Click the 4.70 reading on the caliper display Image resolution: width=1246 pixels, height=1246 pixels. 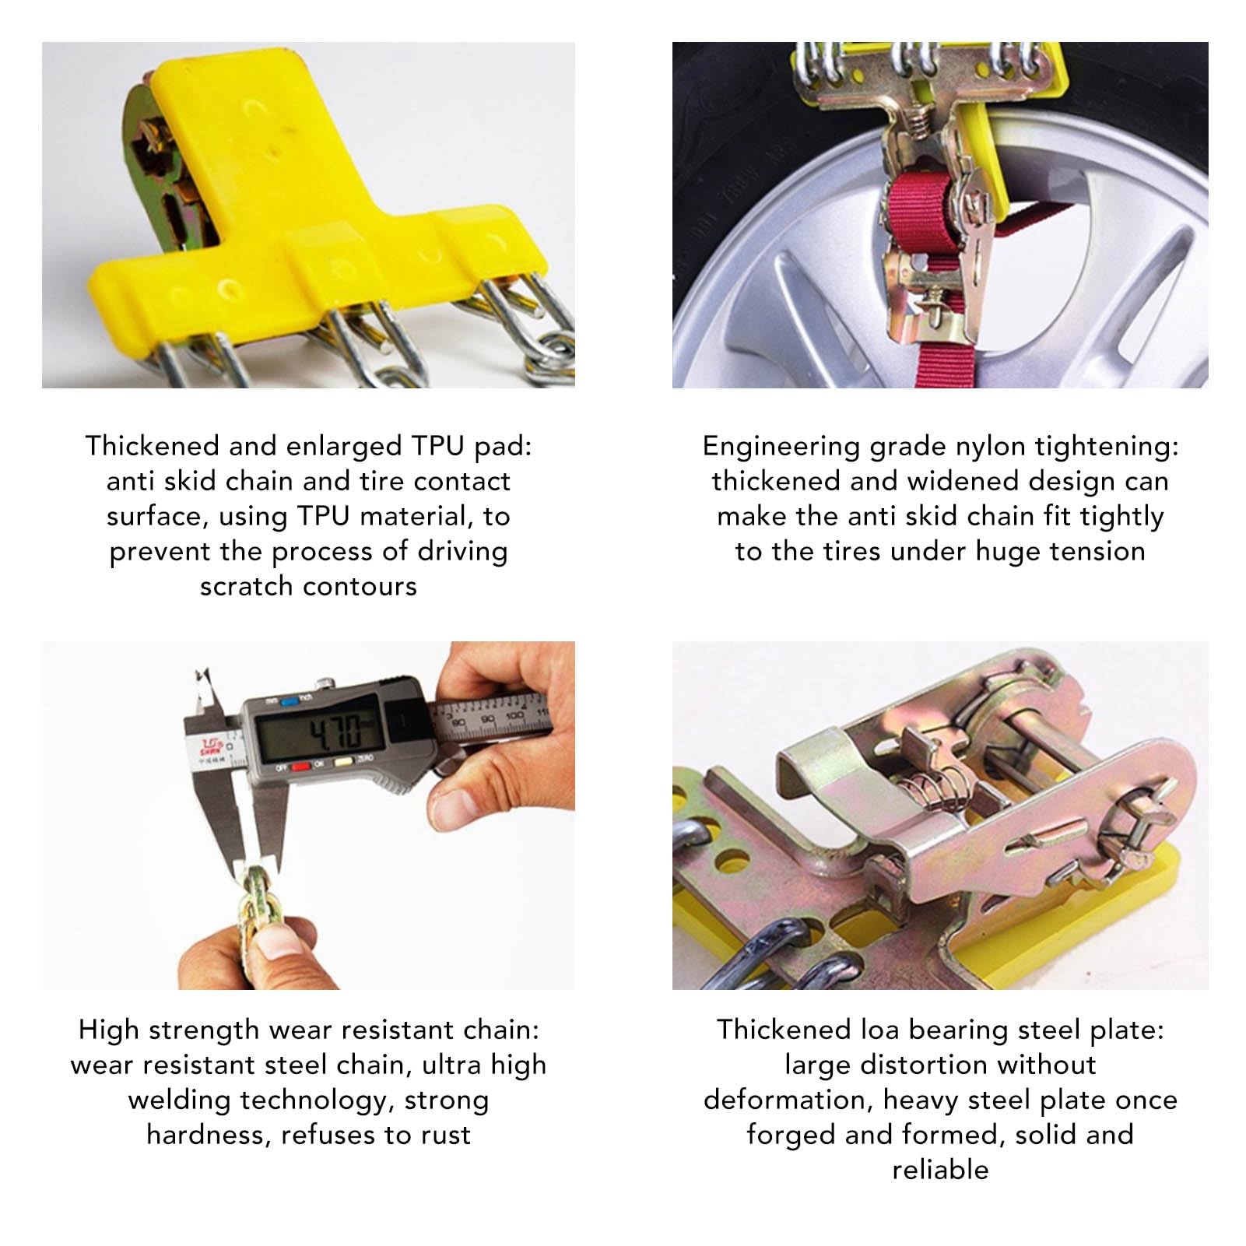click(x=335, y=732)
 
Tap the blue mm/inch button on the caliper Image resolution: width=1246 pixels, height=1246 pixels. click(x=291, y=700)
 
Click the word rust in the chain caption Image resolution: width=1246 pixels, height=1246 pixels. click(x=446, y=1135)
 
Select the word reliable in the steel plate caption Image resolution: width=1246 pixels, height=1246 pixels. click(x=940, y=1170)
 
